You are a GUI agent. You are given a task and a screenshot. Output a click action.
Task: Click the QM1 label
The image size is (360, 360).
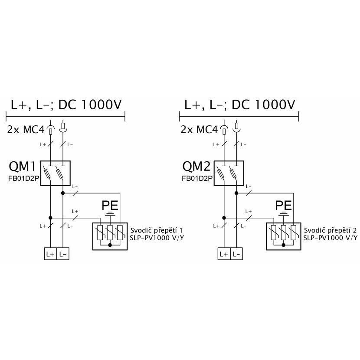(x=22, y=167)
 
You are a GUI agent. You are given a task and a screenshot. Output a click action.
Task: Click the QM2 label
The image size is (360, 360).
(x=196, y=167)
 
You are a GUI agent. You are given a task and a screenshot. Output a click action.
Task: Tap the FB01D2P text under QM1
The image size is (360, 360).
(x=24, y=178)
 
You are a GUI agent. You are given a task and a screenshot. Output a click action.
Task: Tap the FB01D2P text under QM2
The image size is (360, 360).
(x=197, y=178)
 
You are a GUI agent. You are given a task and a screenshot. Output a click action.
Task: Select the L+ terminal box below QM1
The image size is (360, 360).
(x=50, y=254)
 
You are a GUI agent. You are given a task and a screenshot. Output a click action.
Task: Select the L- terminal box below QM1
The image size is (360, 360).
(x=63, y=254)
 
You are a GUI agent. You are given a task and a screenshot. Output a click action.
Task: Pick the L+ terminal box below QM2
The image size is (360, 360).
(x=224, y=254)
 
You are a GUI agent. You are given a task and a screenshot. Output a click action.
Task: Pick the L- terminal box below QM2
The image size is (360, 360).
(x=236, y=254)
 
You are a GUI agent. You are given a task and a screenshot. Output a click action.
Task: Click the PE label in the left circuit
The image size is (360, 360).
(x=110, y=206)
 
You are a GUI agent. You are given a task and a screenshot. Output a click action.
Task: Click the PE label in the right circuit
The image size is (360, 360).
(x=284, y=206)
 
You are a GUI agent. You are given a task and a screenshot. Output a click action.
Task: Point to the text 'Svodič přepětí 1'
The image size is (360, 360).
(x=156, y=230)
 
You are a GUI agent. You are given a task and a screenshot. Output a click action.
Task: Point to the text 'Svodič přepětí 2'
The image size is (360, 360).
(x=330, y=230)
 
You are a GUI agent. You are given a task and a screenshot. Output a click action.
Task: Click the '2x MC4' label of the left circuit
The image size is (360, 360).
(x=26, y=130)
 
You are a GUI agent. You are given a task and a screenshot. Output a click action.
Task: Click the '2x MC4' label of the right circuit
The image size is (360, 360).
(x=199, y=130)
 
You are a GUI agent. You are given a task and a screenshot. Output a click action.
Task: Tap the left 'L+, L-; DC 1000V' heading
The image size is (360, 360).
(x=66, y=105)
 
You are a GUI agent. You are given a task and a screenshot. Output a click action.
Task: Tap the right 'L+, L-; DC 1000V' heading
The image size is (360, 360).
(x=240, y=105)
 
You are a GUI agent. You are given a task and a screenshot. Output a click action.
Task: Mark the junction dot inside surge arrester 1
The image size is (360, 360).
(x=110, y=245)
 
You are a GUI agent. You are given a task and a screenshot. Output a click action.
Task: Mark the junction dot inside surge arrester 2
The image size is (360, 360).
(x=284, y=245)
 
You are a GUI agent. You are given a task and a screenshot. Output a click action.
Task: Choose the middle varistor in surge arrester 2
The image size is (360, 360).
(x=284, y=232)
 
